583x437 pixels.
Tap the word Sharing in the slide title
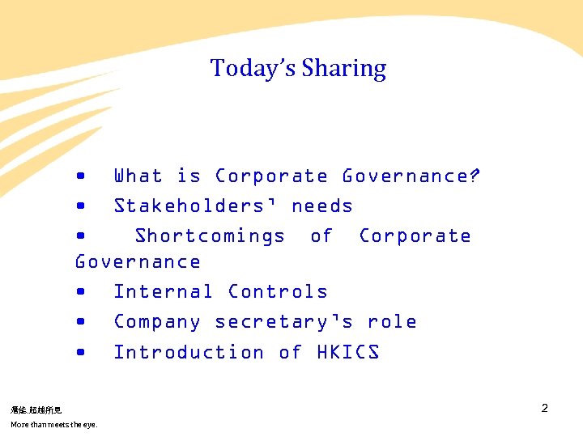click(344, 69)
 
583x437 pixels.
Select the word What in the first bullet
click(138, 176)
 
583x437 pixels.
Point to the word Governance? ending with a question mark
click(411, 176)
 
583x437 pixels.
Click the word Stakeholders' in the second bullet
click(196, 206)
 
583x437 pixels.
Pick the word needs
click(322, 206)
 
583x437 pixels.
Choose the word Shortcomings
click(210, 235)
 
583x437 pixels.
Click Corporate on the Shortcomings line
click(415, 235)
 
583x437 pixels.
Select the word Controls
click(278, 291)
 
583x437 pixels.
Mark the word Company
click(157, 321)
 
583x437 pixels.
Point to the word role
click(392, 321)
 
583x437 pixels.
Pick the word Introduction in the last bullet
click(189, 352)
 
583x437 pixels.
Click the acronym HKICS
click(348, 352)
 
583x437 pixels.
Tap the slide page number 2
click(544, 408)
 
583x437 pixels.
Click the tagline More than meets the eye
click(53, 425)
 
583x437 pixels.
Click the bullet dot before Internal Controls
click(80, 291)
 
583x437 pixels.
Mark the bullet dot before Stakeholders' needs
click(80, 206)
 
